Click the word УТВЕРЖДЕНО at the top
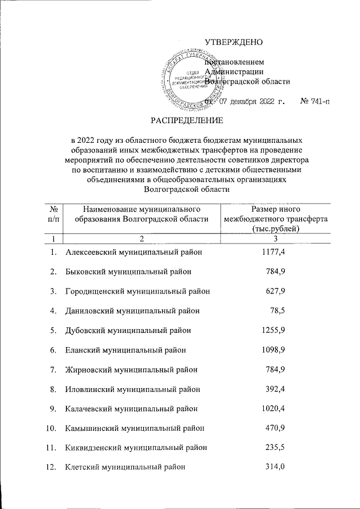click(x=233, y=42)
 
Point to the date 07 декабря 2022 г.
click(x=252, y=102)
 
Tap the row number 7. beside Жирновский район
click(x=53, y=370)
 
